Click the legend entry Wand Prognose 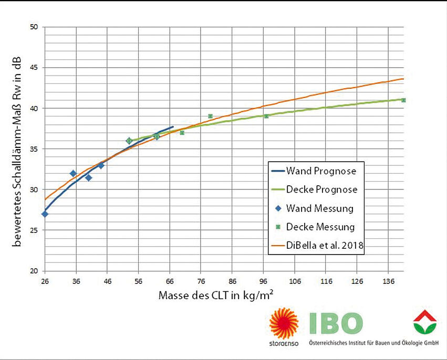(321, 171)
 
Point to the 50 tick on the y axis (35, 27)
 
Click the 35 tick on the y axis (35, 149)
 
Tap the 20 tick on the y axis (35, 271)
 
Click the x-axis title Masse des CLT (216, 296)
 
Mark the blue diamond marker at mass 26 (45, 214)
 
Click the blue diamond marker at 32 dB (73, 173)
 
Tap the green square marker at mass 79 (210, 116)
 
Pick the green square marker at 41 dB (403, 100)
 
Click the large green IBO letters (336, 323)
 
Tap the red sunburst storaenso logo (283, 323)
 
